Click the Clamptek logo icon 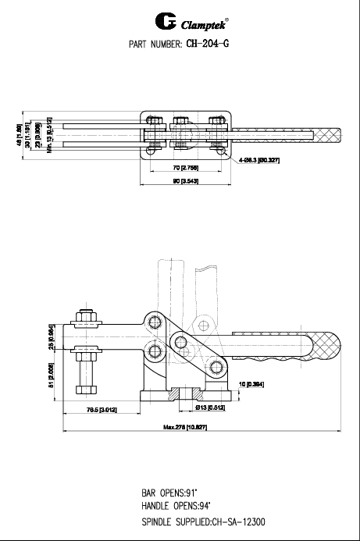tap(146, 20)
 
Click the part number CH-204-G tap(206, 44)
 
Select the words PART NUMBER tap(155, 44)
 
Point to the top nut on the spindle tap(85, 320)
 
